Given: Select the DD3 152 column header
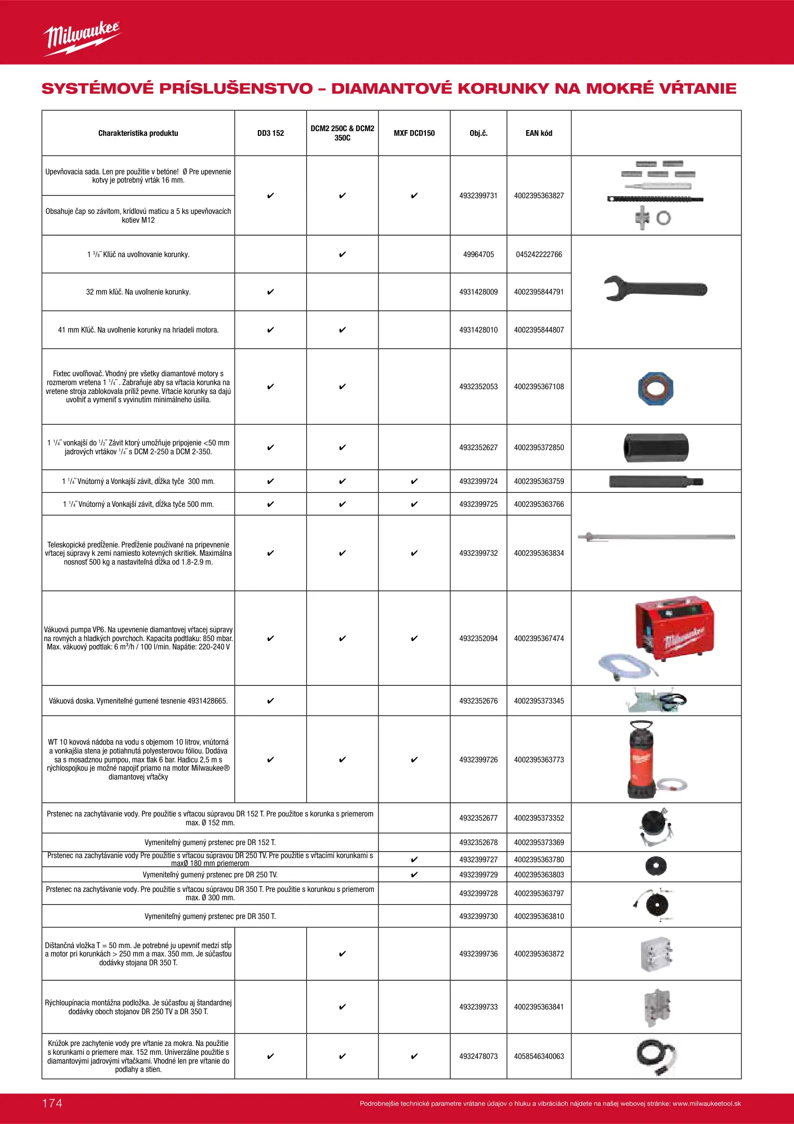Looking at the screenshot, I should point(270,133).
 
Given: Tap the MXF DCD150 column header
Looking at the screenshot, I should point(414,133).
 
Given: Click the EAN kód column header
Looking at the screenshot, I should point(539,133).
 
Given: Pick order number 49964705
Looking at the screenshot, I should point(478,254).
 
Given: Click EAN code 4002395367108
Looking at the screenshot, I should point(539,387).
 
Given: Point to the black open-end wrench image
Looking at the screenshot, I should point(655,288).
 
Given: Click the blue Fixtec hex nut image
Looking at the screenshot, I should point(655,388).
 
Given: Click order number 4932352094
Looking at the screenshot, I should point(478,638).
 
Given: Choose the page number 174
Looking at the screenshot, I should point(52,1103).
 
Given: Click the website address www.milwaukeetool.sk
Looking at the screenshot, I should point(707,1104).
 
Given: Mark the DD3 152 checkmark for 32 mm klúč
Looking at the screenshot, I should point(270,292).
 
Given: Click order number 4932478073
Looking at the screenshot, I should point(478,1056).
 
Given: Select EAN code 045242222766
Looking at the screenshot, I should point(539,254).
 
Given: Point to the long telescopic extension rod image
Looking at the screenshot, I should point(656,537).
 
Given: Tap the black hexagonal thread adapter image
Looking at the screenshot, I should point(656,448).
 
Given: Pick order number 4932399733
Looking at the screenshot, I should point(478,1007).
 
